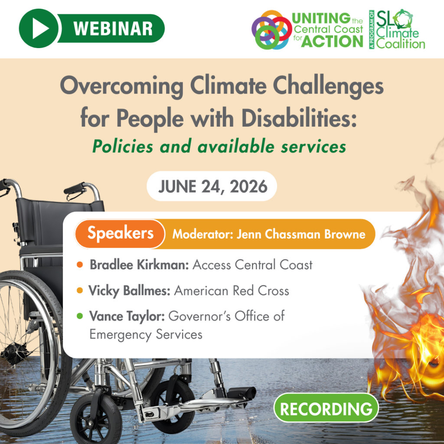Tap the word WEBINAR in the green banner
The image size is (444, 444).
pyautogui.click(x=113, y=29)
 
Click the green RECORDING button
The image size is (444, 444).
pyautogui.click(x=326, y=408)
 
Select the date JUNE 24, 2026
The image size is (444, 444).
pyautogui.click(x=212, y=186)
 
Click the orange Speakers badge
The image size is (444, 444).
pyautogui.click(x=120, y=234)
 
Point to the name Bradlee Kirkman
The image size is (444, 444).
pyautogui.click(x=139, y=265)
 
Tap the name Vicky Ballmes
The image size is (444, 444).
pyautogui.click(x=129, y=291)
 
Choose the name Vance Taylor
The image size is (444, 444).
pyautogui.click(x=127, y=316)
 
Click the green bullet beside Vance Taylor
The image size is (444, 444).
pyautogui.click(x=80, y=316)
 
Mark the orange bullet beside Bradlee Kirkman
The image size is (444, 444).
pyautogui.click(x=80, y=265)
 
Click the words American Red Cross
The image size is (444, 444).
pyautogui.click(x=232, y=291)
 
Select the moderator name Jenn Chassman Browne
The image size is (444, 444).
pyautogui.click(x=301, y=234)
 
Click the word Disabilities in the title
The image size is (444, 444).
pyautogui.click(x=299, y=118)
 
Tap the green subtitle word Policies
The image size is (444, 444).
pyautogui.click(x=123, y=147)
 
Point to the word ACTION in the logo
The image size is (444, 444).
pyautogui.click(x=332, y=41)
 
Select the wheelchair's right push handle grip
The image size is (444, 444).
pyautogui.click(x=75, y=188)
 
